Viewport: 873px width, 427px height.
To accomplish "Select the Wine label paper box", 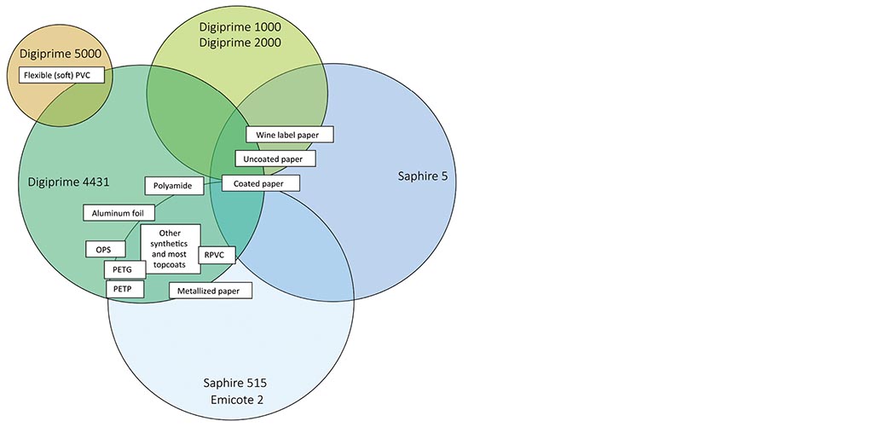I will (289, 135).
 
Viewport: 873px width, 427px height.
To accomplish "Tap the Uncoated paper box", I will (279, 159).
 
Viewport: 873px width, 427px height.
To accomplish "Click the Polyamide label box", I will (173, 185).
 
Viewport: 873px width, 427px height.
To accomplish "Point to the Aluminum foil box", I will (119, 212).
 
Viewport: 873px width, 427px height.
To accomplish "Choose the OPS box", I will (104, 250).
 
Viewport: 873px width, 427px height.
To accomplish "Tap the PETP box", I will (124, 289).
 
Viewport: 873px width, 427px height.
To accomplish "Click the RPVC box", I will (217, 255).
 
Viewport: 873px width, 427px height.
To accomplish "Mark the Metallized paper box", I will (214, 291).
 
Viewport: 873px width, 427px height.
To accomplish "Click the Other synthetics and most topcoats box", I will (170, 249).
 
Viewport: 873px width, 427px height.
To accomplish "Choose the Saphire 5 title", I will (422, 176).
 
